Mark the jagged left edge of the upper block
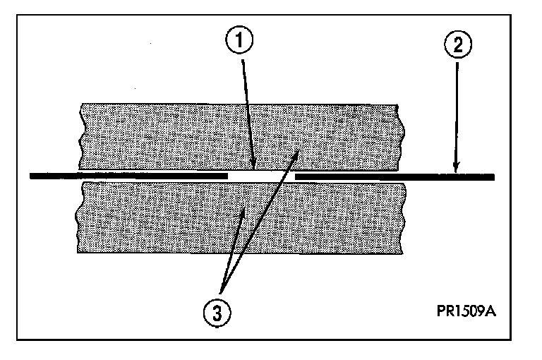coord(82,134)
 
